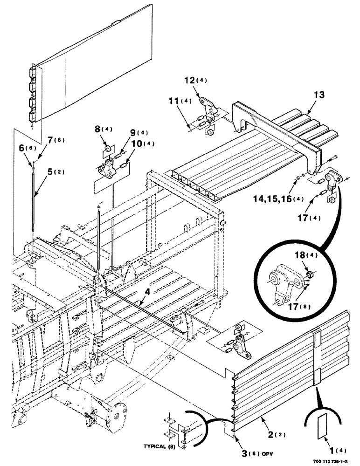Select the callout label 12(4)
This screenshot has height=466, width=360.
click(206, 81)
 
